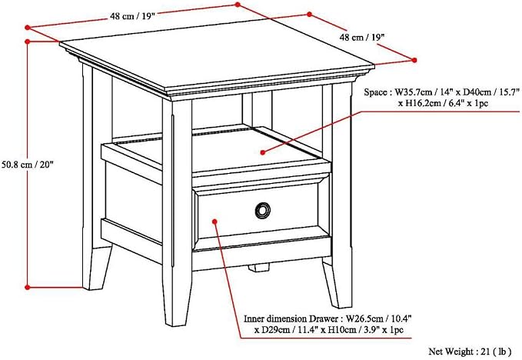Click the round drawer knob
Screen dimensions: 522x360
[x=263, y=211]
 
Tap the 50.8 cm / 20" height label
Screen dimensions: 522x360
[x=28, y=164]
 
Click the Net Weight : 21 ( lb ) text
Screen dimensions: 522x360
[x=470, y=352]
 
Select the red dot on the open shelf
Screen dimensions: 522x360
[x=263, y=152]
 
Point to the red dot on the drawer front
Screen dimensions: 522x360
[x=214, y=222]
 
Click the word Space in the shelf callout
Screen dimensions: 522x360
[x=375, y=92]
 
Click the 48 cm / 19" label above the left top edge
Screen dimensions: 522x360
[x=133, y=16]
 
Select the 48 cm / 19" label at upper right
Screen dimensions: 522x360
[x=362, y=37]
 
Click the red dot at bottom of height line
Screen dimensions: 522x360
[x=28, y=287]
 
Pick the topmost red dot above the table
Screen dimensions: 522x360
[x=238, y=5]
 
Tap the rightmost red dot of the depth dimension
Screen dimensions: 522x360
[x=414, y=60]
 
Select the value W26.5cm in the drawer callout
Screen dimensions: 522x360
[x=364, y=318]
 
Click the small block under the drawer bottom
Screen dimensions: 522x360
[x=258, y=268]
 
